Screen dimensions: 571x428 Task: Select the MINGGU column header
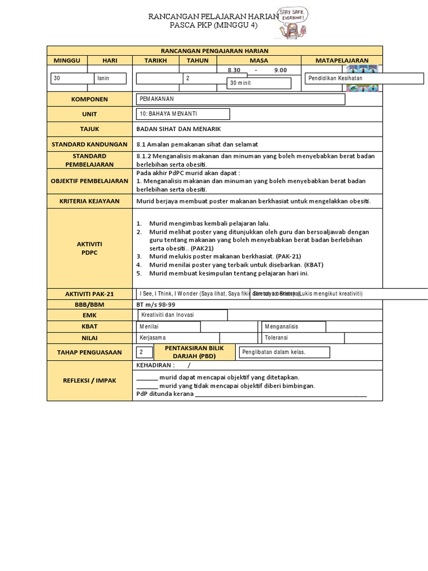(x=67, y=60)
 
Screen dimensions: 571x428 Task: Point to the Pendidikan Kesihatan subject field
(x=363, y=78)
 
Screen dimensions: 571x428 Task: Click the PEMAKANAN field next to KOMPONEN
(x=241, y=99)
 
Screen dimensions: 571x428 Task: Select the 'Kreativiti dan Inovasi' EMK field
(x=182, y=315)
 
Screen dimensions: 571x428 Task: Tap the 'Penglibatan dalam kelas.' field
(x=284, y=352)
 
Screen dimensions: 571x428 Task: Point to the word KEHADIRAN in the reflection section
(x=155, y=365)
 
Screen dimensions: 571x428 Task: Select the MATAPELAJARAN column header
(x=342, y=60)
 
